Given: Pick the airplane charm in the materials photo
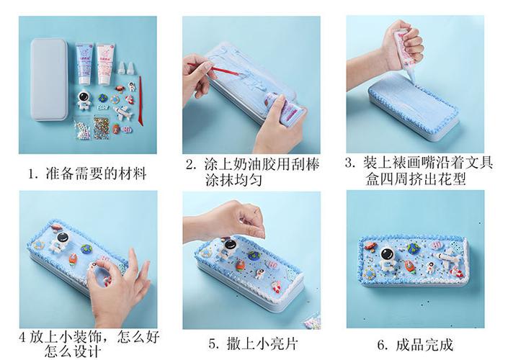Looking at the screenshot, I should point(123,114).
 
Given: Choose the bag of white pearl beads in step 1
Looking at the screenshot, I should point(81,131).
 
